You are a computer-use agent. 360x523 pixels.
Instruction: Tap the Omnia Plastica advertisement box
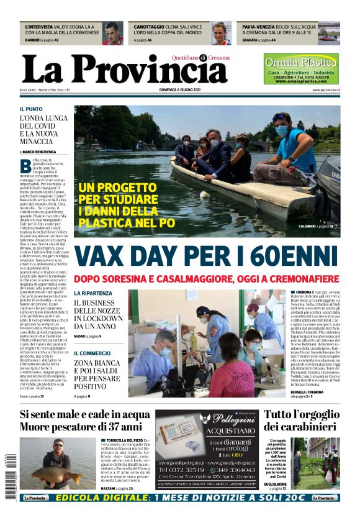(x=301, y=69)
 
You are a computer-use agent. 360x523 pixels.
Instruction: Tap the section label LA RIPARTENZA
(x=93, y=293)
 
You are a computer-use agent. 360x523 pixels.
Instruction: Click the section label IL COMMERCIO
(x=92, y=353)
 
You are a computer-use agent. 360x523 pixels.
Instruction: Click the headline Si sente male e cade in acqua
(x=85, y=414)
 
